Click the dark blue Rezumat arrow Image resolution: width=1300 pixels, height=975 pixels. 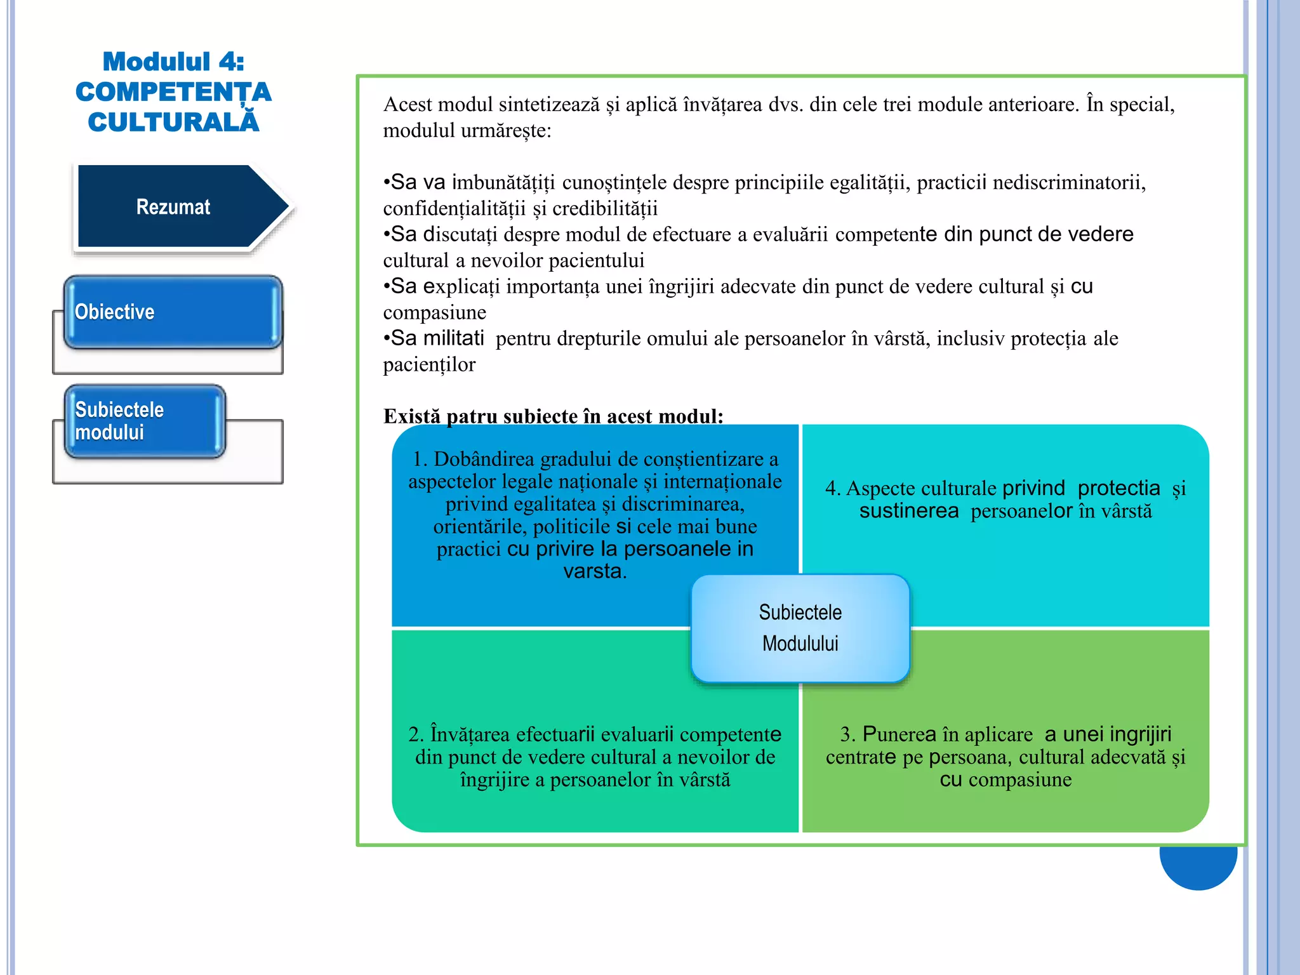click(x=173, y=207)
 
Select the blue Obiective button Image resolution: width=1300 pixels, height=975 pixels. click(x=173, y=312)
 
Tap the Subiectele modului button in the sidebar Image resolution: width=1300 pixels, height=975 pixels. click(x=145, y=421)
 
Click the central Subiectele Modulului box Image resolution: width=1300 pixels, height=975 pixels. click(x=800, y=628)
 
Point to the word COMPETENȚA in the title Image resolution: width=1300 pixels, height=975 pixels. click(x=173, y=92)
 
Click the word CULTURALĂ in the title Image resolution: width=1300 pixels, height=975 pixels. click(x=173, y=122)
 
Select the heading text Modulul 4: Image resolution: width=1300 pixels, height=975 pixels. click(x=173, y=62)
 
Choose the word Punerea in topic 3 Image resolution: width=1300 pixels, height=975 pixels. click(x=899, y=734)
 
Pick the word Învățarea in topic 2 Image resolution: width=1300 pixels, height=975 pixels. click(x=470, y=734)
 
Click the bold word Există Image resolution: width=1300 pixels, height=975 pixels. click(x=411, y=416)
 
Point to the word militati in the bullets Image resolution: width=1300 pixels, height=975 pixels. click(x=453, y=338)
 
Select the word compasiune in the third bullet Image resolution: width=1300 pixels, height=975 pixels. click(x=434, y=312)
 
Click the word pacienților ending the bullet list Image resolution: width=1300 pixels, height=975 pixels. click(x=429, y=365)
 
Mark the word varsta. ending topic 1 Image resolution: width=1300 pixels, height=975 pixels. click(x=595, y=571)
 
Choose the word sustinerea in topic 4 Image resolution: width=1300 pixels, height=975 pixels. click(x=908, y=511)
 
